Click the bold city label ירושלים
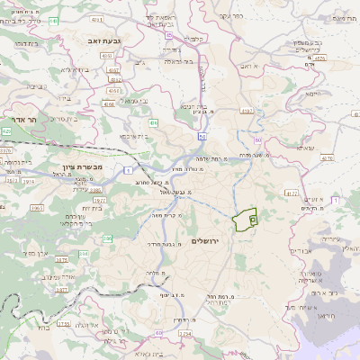[206, 242]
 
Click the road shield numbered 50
[202, 137]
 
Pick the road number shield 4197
[247, 112]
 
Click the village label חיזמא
[312, 94]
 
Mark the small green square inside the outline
[253, 219]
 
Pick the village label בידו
[74, 69]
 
